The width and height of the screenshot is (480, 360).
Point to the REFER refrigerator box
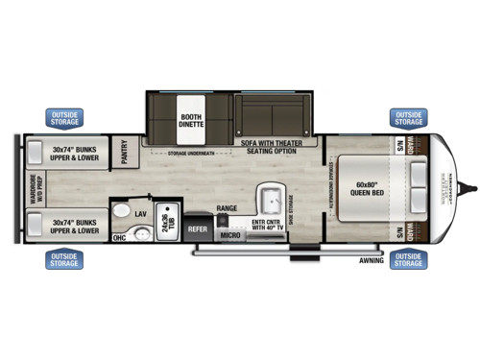pos(198,229)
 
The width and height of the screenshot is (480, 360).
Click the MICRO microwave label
pos(228,234)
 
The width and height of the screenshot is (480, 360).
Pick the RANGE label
pos(227,208)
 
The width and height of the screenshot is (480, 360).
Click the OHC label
pos(119,237)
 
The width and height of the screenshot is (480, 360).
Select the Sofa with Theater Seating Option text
pos(276,145)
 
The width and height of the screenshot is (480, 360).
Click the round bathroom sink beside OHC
pos(141,232)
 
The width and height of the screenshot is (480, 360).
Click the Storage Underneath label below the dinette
pos(190,152)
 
